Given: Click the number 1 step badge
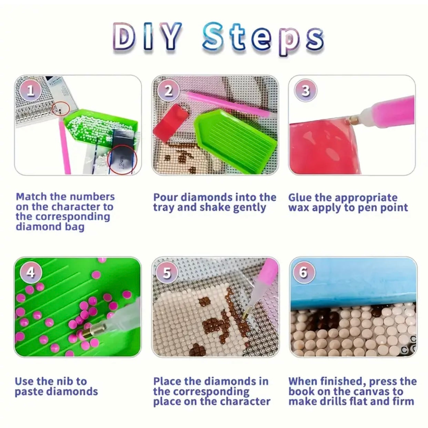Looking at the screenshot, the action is (x=31, y=91).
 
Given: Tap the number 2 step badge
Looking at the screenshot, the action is (x=169, y=91).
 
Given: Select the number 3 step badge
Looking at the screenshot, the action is (x=306, y=91).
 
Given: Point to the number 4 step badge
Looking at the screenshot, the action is (x=31, y=273).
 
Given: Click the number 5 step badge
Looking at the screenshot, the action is (x=167, y=273).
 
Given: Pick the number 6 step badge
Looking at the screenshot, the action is (x=304, y=273).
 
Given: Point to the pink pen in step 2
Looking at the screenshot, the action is (x=229, y=104).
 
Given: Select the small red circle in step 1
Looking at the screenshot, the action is (x=61, y=109).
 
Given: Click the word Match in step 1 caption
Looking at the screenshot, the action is (x=31, y=197).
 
